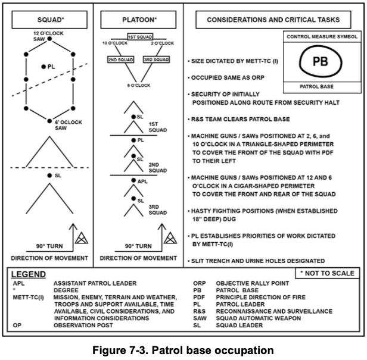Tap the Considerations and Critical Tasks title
pyautogui.click(x=273, y=20)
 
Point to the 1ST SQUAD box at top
pyautogui.click(x=140, y=37)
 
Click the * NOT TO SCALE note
pyautogui.click(x=327, y=272)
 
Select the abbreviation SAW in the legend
pyautogui.click(x=200, y=318)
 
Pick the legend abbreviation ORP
pyautogui.click(x=200, y=284)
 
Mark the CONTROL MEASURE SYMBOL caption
pyautogui.click(x=322, y=37)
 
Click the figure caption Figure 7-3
pyautogui.click(x=183, y=349)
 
